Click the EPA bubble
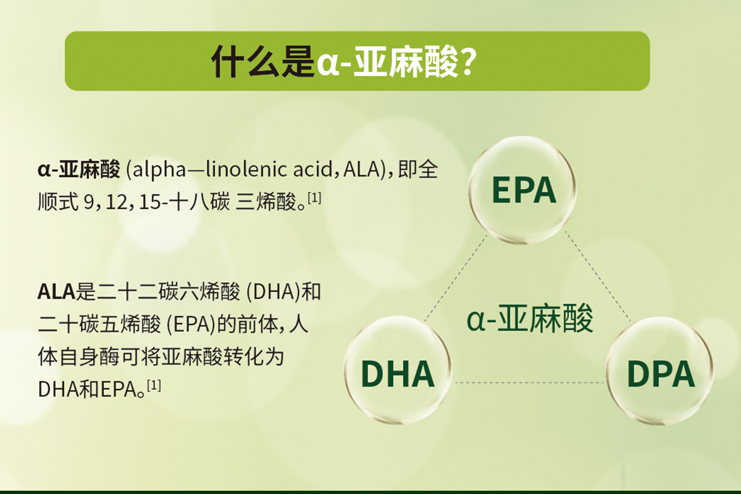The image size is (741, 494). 522,190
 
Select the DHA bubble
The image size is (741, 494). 397,370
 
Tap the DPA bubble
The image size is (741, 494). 659,371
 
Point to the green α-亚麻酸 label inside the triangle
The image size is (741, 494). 530,318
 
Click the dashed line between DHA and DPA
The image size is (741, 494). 529,383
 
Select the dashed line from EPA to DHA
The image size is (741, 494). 456,278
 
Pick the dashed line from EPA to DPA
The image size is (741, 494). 598,276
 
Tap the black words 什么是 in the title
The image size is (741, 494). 263,62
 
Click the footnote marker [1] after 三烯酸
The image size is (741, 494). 314,198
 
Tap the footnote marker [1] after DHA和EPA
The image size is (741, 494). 154,385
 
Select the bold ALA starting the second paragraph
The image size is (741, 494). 57,291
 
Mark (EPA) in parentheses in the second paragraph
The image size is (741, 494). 191,325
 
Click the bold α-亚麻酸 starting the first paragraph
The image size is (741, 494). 79,170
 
